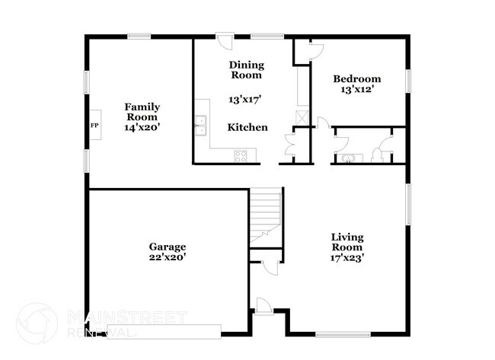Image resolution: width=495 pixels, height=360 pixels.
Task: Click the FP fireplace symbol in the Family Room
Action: coord(94,126)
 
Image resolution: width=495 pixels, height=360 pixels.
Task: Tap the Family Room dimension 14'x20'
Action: coord(142,127)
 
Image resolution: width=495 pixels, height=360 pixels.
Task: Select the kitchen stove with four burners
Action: coord(241,156)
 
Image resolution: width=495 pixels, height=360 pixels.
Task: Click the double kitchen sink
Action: coord(201,126)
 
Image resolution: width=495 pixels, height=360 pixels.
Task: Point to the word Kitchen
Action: coord(247,127)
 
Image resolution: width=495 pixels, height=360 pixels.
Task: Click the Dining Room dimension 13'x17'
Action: coord(245,99)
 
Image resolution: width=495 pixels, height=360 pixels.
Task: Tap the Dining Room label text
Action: coord(246,70)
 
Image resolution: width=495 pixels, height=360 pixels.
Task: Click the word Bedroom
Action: coord(357,78)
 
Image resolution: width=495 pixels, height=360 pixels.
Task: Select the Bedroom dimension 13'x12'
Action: coord(357,89)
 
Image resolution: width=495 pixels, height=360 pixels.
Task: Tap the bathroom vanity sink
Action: coord(347,158)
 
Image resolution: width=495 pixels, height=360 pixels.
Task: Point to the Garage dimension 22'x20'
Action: coord(168,257)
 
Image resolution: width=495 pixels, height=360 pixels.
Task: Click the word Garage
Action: coord(168,247)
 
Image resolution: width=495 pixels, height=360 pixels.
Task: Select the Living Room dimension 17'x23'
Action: coord(346,257)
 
